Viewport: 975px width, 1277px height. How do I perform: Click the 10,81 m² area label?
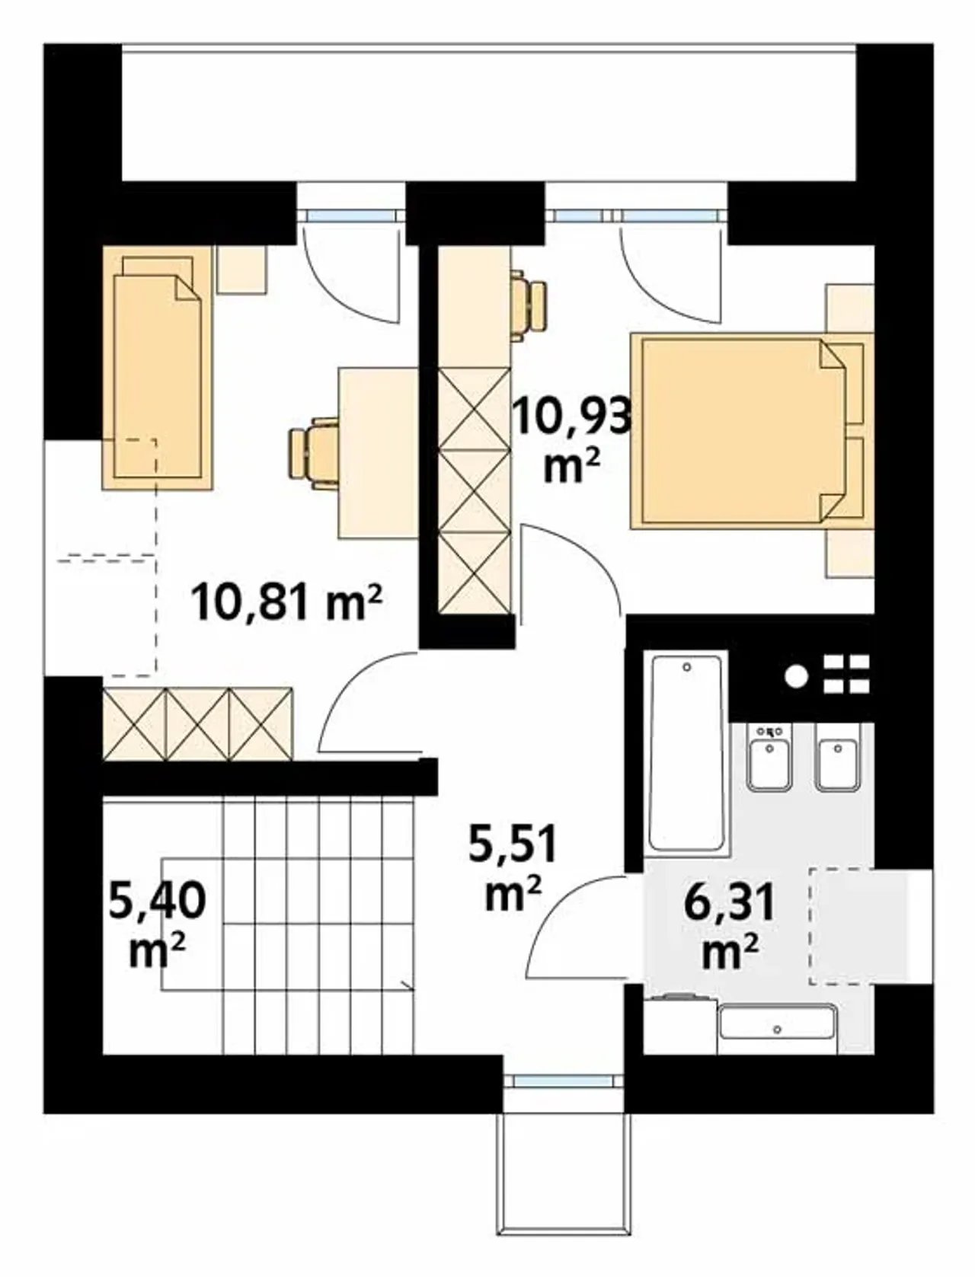pyautogui.click(x=286, y=602)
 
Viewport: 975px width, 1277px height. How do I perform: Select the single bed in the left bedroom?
pyautogui.click(x=157, y=368)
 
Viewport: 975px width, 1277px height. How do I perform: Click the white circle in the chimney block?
pyautogui.click(x=796, y=677)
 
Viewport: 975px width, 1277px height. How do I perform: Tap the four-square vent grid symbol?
pyautogui.click(x=846, y=674)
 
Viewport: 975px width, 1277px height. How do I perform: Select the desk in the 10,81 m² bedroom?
pyautogui.click(x=378, y=452)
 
